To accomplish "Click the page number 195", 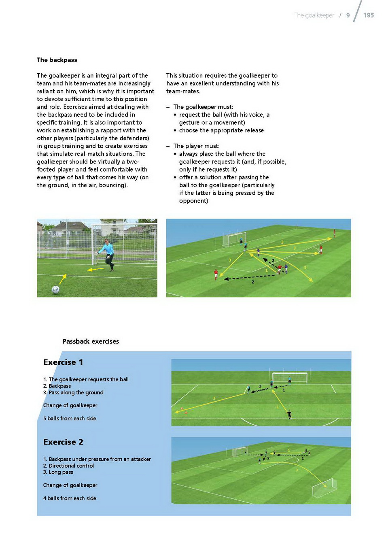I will pyautogui.click(x=369, y=15).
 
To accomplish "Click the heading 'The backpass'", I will pyautogui.click(x=57, y=60).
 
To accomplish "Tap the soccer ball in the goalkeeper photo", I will pyautogui.click(x=55, y=289).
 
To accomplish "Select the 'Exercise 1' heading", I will pyautogui.click(x=63, y=362).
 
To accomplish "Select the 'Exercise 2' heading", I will pyautogui.click(x=63, y=442).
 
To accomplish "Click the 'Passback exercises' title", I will pyautogui.click(x=91, y=341).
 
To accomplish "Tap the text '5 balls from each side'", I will pyautogui.click(x=70, y=418).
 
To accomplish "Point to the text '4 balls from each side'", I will pyautogui.click(x=70, y=498).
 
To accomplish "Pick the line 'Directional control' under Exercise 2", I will pyautogui.click(x=71, y=466).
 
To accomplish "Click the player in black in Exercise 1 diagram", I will pyautogui.click(x=289, y=414).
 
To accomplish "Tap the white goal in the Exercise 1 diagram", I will pyautogui.click(x=289, y=378).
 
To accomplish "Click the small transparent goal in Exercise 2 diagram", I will pyautogui.click(x=325, y=488).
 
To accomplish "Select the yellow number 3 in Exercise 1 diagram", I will pyautogui.click(x=214, y=398).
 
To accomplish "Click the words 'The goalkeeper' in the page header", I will pyautogui.click(x=314, y=15).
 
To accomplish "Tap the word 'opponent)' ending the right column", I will pyautogui.click(x=193, y=201).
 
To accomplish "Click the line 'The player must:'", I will pyautogui.click(x=196, y=146).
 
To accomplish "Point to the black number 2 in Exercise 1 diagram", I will pyautogui.click(x=260, y=386).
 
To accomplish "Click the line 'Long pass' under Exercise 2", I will pyautogui.click(x=61, y=472).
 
